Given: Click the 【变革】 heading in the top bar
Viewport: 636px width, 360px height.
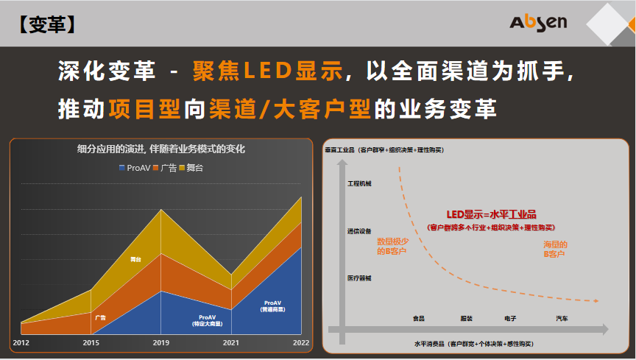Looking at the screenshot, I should point(46,24).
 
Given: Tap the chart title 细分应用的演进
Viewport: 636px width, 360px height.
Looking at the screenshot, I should point(161,149).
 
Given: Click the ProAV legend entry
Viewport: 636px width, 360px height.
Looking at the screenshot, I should point(134,168).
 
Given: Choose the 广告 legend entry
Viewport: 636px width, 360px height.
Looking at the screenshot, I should point(165,168).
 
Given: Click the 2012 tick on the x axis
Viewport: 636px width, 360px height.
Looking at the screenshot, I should point(21,342).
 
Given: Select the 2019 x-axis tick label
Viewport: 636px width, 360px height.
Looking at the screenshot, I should point(160,342).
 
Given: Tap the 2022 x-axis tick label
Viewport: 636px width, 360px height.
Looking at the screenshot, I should point(300,342).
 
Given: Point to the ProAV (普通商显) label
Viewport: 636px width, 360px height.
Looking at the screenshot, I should point(273,306).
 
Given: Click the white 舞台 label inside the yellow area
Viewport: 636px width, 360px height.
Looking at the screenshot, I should point(135,259).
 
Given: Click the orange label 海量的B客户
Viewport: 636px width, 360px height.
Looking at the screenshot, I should point(555,249).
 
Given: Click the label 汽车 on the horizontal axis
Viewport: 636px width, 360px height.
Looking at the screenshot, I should point(562,319).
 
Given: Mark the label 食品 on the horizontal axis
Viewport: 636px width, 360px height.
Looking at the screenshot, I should point(418,319).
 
